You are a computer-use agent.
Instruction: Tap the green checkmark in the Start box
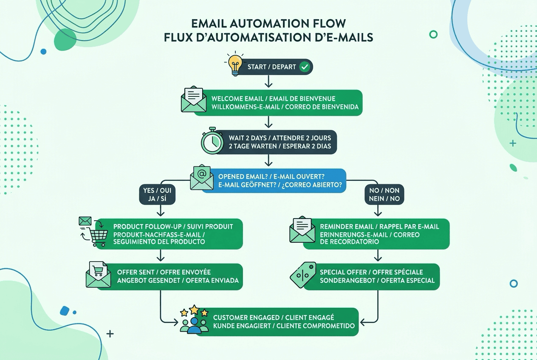[304, 67]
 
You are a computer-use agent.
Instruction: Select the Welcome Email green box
[285, 102]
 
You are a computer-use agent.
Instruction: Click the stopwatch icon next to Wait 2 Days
[212, 141]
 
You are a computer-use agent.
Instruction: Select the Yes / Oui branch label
[157, 194]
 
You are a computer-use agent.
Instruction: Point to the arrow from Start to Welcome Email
[268, 82]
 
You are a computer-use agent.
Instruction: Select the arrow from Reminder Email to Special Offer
[378, 256]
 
